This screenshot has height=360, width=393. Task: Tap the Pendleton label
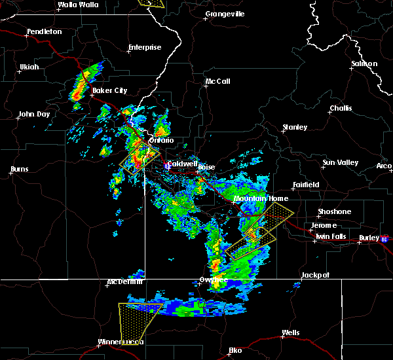(44, 31)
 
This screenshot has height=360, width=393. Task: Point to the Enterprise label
(145, 47)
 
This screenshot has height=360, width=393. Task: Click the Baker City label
(109, 90)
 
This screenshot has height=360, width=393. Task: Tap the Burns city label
(19, 170)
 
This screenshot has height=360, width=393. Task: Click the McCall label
(217, 82)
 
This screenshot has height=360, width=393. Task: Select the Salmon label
(364, 63)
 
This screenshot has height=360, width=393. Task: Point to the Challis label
(341, 108)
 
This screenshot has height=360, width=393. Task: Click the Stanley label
(295, 127)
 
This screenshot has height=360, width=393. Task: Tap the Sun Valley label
(339, 162)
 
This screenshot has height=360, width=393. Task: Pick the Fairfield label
(306, 185)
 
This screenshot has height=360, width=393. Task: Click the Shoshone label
(334, 211)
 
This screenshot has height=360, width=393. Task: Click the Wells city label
(290, 333)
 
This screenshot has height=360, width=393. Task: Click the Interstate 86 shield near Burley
(386, 240)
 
